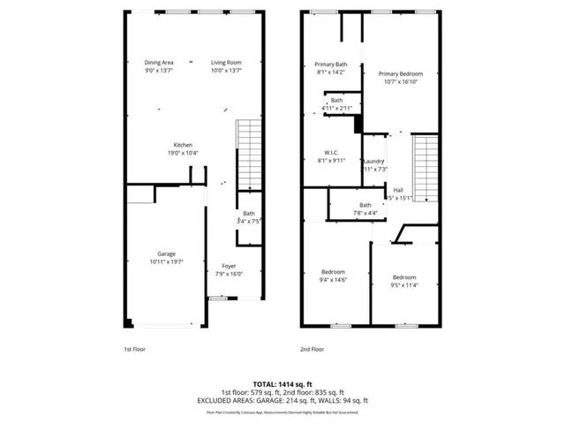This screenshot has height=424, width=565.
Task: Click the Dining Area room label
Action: coord(159,63)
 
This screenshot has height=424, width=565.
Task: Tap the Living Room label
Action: coord(226,63)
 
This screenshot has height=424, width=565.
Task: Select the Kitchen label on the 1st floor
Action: coord(183,145)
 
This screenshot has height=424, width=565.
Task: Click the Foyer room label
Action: coord(228,266)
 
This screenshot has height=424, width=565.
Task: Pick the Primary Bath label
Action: coord(331,64)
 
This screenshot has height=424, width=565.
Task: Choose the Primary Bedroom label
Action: coord(401,74)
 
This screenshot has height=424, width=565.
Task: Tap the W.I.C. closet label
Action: coord(331,152)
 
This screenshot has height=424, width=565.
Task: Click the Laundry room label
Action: coord(373,161)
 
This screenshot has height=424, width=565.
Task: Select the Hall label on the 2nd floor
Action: coord(398,190)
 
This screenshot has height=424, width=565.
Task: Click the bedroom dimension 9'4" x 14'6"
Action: coord(333,280)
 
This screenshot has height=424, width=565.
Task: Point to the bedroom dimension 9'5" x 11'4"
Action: coord(404,284)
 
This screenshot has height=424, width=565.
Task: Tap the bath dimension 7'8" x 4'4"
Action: coord(341,213)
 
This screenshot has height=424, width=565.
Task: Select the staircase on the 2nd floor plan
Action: coord(426,168)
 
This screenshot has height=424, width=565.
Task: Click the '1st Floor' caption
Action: coord(134,349)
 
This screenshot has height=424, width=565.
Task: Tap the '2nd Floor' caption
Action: coord(313,349)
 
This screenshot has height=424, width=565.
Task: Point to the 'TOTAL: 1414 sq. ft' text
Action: coord(282,384)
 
